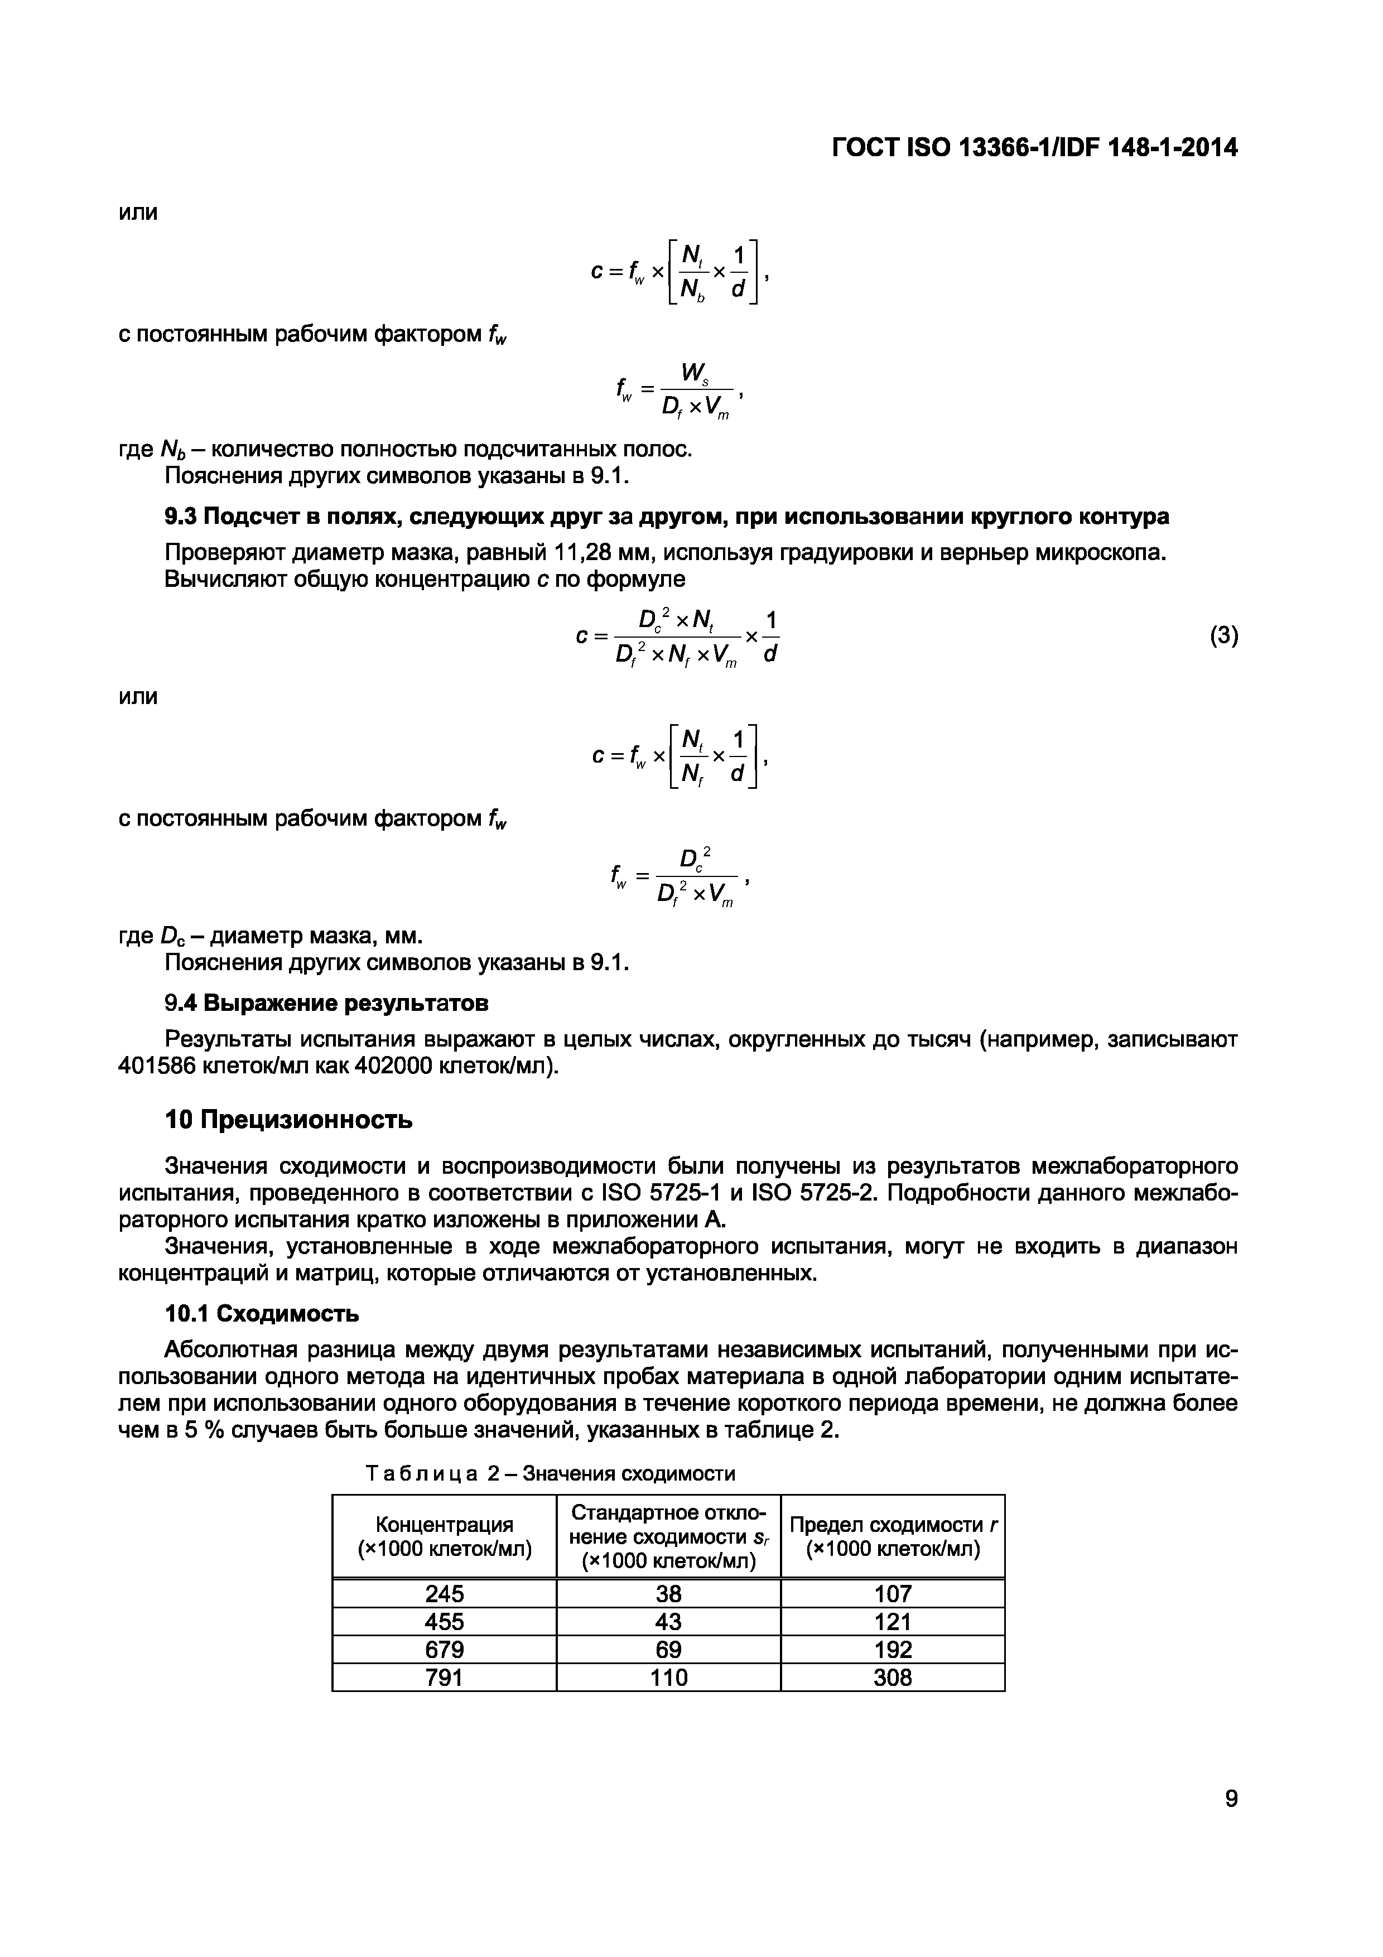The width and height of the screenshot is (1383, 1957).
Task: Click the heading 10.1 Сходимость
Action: (x=262, y=1313)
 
